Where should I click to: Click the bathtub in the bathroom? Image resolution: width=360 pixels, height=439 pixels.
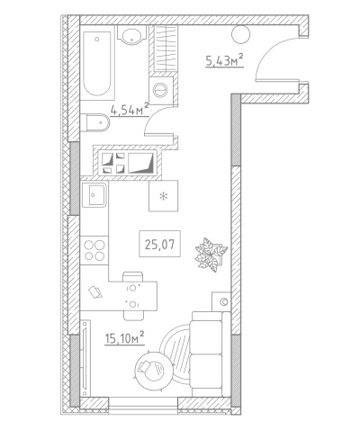pyautogui.click(x=97, y=63)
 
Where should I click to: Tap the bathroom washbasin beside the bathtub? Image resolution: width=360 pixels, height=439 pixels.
pyautogui.click(x=131, y=35)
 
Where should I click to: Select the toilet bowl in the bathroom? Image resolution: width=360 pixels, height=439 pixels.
pyautogui.click(x=95, y=122)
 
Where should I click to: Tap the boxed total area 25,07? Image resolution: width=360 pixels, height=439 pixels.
pyautogui.click(x=159, y=244)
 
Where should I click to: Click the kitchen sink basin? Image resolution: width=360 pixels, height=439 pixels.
pyautogui.click(x=94, y=194)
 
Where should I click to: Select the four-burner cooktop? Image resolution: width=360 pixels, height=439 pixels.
pyautogui.click(x=94, y=251)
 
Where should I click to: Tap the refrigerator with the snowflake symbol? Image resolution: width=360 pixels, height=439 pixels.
pyautogui.click(x=164, y=196)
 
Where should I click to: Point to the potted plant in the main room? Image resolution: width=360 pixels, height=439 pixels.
pyautogui.click(x=211, y=255)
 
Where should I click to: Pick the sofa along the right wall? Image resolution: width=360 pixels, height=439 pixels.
pyautogui.click(x=211, y=354)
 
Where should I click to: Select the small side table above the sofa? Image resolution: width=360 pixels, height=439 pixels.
pyautogui.click(x=221, y=301)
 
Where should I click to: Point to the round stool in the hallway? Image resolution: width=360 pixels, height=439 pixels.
pyautogui.click(x=240, y=34)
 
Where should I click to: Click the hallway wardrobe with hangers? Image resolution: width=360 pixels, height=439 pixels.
pyautogui.click(x=166, y=49)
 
